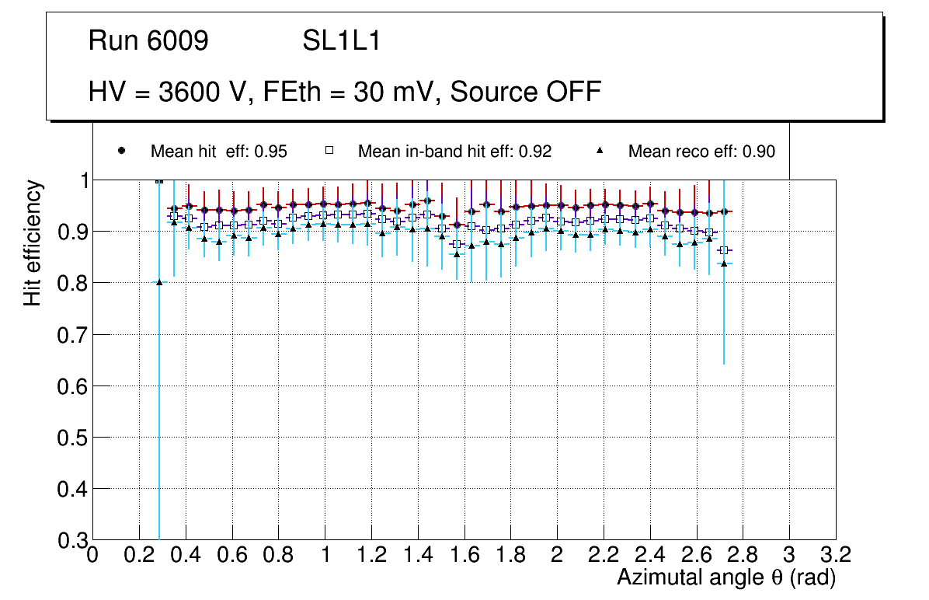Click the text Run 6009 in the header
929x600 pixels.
click(x=148, y=41)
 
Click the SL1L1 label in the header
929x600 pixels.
click(x=342, y=41)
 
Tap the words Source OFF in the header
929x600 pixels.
click(x=526, y=92)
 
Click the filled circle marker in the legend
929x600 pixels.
click(x=121, y=151)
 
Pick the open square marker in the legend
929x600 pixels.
click(x=329, y=151)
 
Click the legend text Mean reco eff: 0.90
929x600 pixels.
click(x=701, y=152)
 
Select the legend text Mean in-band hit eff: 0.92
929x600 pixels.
click(x=454, y=152)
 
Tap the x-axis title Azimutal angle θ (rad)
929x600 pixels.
click(x=726, y=577)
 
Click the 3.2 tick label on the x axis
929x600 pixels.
click(x=836, y=556)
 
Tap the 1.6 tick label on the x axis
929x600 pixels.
click(x=464, y=556)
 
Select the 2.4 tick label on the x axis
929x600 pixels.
click(x=649, y=556)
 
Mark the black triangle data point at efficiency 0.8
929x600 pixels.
click(x=159, y=282)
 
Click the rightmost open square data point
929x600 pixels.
click(x=724, y=250)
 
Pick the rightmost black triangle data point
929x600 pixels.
click(x=724, y=263)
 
